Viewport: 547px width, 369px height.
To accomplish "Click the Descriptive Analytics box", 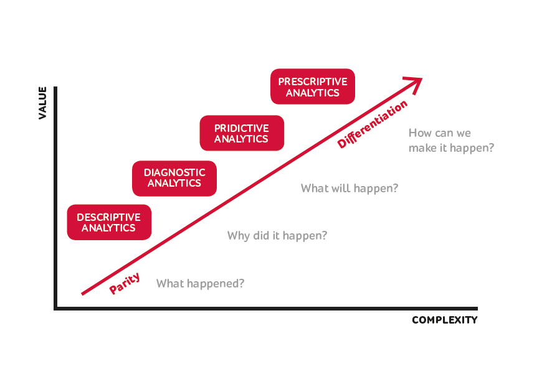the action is pyautogui.click(x=109, y=222).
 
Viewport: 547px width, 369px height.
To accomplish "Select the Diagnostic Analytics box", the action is pyautogui.click(x=174, y=179).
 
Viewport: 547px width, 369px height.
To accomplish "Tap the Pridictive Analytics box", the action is pyautogui.click(x=242, y=133).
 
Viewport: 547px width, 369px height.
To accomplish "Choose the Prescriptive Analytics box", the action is pyautogui.click(x=313, y=86).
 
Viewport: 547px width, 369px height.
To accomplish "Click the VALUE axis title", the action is pyautogui.click(x=42, y=103).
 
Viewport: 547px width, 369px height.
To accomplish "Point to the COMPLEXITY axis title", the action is pyautogui.click(x=444, y=320).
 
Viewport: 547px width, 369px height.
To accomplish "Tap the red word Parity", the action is pyautogui.click(x=125, y=283).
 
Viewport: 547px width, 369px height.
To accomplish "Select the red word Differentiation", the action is pyautogui.click(x=372, y=124).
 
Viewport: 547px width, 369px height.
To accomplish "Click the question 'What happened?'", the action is pyautogui.click(x=200, y=284).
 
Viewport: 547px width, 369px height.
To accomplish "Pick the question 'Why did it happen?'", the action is pyautogui.click(x=277, y=236).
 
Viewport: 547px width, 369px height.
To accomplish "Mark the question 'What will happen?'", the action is pyautogui.click(x=350, y=189).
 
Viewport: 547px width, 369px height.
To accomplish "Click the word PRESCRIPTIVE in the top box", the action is pyautogui.click(x=313, y=82).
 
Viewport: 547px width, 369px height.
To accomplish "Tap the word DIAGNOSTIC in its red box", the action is pyautogui.click(x=174, y=172).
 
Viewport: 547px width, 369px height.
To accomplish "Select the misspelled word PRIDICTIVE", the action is pyautogui.click(x=241, y=128).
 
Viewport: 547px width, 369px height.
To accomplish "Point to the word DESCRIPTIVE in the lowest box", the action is pyautogui.click(x=109, y=217).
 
